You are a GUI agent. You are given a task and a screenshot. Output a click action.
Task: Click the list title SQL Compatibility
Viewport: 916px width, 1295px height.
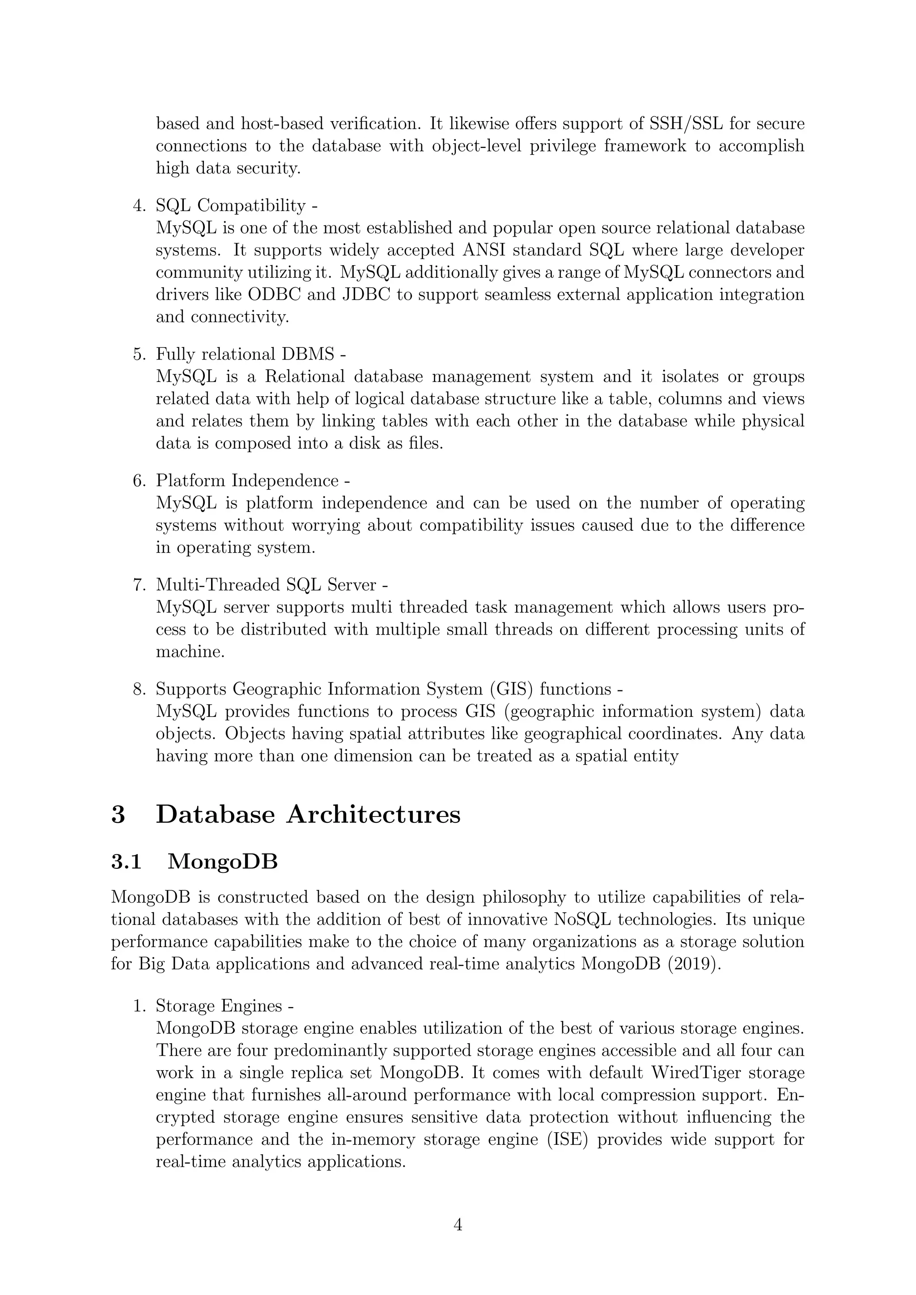(x=232, y=205)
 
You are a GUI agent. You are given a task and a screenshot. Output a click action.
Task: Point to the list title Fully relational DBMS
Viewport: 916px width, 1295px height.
(x=246, y=354)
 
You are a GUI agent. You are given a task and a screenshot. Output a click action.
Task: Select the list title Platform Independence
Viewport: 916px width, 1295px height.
(x=247, y=481)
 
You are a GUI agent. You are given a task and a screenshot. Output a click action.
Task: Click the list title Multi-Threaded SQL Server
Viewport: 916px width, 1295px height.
(x=266, y=585)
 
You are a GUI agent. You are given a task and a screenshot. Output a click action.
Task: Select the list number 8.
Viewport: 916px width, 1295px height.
(x=139, y=689)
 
